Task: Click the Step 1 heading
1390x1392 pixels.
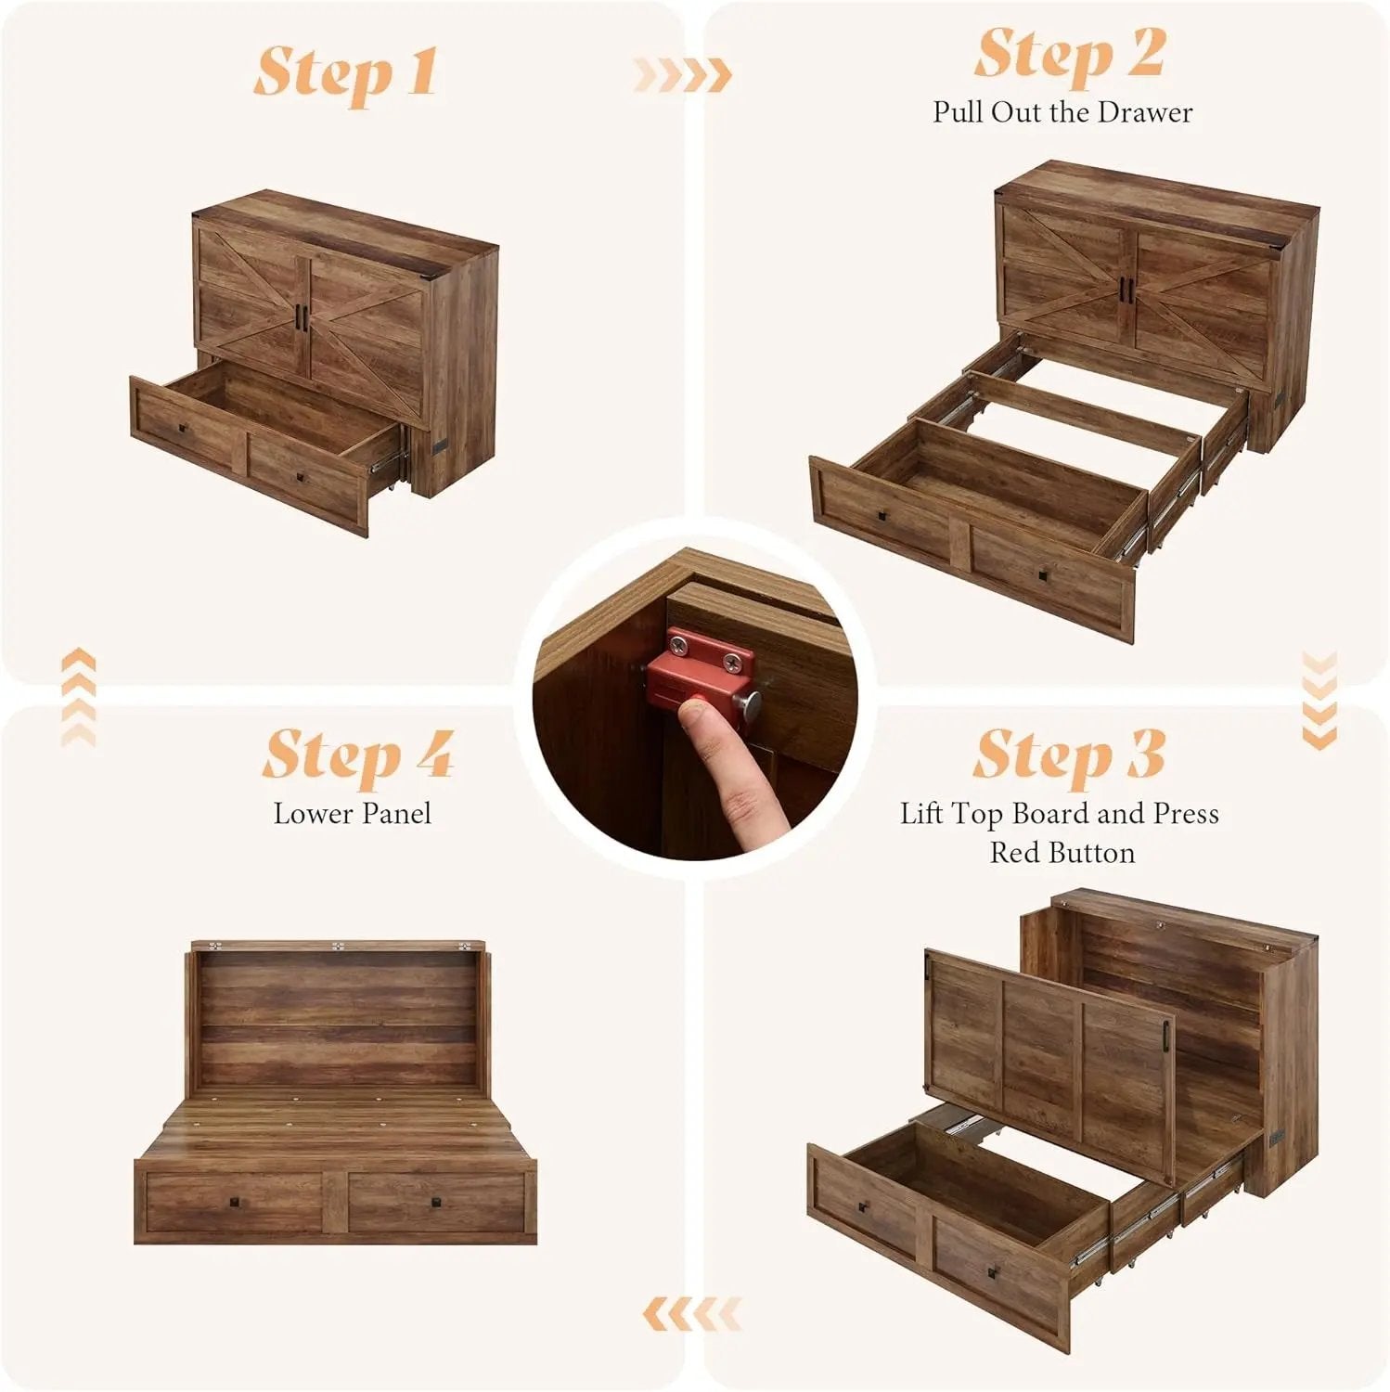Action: (x=345, y=71)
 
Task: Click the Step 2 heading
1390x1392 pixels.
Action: (x=1069, y=54)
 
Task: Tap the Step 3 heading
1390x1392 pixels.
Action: (x=1068, y=754)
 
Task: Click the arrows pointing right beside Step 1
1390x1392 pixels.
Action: (x=682, y=74)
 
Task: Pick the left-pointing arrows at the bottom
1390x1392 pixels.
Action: (x=691, y=1313)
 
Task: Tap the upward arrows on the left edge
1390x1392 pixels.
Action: (x=78, y=696)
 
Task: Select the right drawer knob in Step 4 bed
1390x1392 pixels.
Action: (x=436, y=1203)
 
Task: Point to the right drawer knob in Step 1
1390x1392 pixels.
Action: (x=301, y=476)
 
